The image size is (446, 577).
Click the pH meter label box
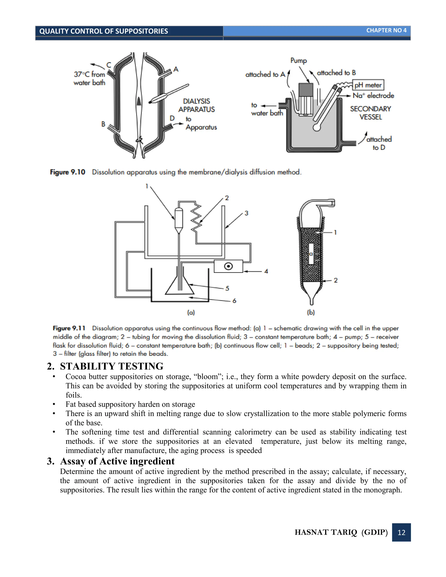click(x=368, y=85)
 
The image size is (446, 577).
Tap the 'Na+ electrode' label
click(x=373, y=95)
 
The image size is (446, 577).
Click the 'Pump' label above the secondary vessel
click(x=299, y=61)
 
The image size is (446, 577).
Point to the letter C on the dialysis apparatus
click(x=109, y=65)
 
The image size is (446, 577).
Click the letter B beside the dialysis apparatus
click(x=103, y=124)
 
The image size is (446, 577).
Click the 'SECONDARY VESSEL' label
click(x=370, y=113)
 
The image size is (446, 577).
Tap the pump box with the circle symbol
click(x=228, y=266)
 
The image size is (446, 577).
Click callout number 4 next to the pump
click(x=266, y=271)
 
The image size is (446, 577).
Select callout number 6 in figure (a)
click(x=234, y=301)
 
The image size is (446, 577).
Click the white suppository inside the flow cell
click(x=311, y=254)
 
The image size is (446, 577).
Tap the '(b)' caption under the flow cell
click(x=311, y=312)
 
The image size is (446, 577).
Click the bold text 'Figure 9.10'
click(x=68, y=172)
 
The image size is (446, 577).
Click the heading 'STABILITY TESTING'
click(x=111, y=366)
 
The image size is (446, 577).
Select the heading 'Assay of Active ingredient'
click(x=117, y=461)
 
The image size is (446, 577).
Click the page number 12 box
click(x=401, y=532)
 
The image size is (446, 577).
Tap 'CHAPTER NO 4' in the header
click(x=386, y=30)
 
